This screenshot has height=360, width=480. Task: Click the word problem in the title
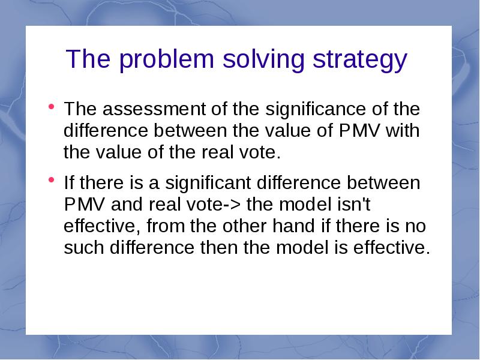coord(166,61)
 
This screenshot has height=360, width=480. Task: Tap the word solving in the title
coord(263,61)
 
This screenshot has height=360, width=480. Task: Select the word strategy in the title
coord(359,61)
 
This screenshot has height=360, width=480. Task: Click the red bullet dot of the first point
coord(51,107)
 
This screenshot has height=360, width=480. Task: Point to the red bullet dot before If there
coord(51,179)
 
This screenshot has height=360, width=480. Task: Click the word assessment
coord(154,109)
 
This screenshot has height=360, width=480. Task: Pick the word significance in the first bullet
coord(316,110)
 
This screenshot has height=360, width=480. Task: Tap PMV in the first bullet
coord(359,131)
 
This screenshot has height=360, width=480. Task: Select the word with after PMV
coord(403,130)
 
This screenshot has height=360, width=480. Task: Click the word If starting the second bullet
coord(69,182)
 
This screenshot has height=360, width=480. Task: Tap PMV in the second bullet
coord(85,205)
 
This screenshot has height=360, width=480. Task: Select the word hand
coord(293,226)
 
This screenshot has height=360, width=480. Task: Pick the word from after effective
coord(166,226)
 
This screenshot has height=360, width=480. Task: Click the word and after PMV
coord(127,204)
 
